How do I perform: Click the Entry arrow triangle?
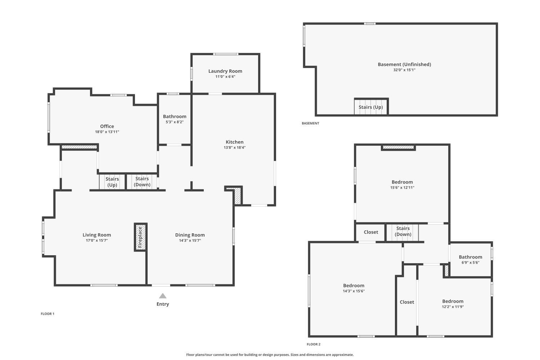[163, 296]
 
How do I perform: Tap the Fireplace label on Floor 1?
[140, 237]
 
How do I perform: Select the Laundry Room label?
[225, 71]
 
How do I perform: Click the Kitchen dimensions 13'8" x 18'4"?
[234, 148]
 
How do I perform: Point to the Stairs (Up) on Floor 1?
[112, 182]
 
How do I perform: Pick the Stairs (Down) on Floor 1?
[142, 182]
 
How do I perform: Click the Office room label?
[107, 126]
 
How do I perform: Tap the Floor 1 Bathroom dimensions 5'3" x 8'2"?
[175, 122]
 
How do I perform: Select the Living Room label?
[96, 235]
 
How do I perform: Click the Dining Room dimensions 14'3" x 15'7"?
[190, 240]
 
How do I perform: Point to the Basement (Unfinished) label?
[404, 64]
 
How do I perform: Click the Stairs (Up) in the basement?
[370, 107]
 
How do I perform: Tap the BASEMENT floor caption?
[310, 123]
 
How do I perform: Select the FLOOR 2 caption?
[313, 344]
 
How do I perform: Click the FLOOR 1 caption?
[47, 314]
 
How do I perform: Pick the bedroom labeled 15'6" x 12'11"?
[402, 184]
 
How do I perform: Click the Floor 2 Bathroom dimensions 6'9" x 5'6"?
[470, 263]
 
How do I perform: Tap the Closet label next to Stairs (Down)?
[371, 232]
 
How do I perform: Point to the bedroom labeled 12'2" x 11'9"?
[453, 303]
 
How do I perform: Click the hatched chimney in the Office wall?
[79, 147]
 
